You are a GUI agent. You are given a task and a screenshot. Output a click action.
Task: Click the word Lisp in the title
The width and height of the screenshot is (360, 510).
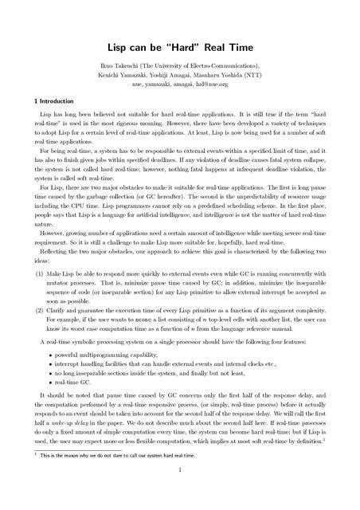point(119,48)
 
